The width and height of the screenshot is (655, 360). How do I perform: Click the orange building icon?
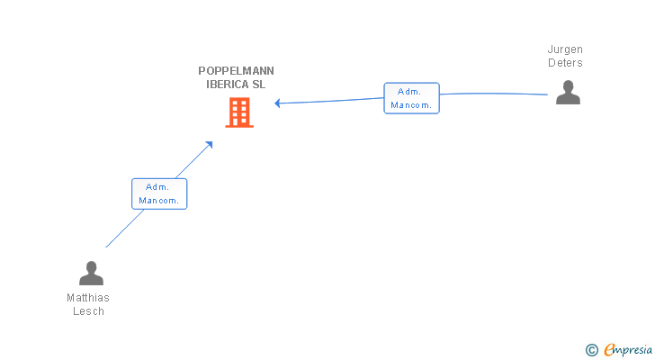click(239, 112)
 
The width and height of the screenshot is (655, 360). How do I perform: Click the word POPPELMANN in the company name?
click(236, 71)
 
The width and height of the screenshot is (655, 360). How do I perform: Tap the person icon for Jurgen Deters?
click(568, 93)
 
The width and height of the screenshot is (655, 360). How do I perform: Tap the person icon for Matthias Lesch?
click(91, 273)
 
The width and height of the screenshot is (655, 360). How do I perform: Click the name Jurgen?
click(565, 49)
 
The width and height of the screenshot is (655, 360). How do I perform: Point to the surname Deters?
click(565, 63)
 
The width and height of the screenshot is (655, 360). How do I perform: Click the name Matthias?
click(88, 298)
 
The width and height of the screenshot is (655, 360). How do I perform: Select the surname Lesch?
click(88, 311)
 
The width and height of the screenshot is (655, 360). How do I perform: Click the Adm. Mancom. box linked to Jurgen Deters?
click(411, 98)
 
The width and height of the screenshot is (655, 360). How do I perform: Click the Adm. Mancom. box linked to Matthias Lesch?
click(159, 193)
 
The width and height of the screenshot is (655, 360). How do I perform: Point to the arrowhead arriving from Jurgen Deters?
click(277, 103)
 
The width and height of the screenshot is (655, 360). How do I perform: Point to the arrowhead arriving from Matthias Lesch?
click(210, 145)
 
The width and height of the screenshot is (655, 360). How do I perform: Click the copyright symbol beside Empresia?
click(591, 350)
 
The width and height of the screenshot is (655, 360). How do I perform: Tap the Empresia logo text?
click(628, 350)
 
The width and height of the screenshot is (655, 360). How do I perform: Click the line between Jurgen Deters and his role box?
click(493, 94)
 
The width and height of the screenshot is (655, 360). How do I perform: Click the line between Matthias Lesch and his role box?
click(125, 229)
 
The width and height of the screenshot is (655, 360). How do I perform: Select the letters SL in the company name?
click(258, 85)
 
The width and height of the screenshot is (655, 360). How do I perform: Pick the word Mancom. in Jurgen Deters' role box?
click(411, 105)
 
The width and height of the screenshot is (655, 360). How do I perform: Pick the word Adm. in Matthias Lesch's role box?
click(157, 187)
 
